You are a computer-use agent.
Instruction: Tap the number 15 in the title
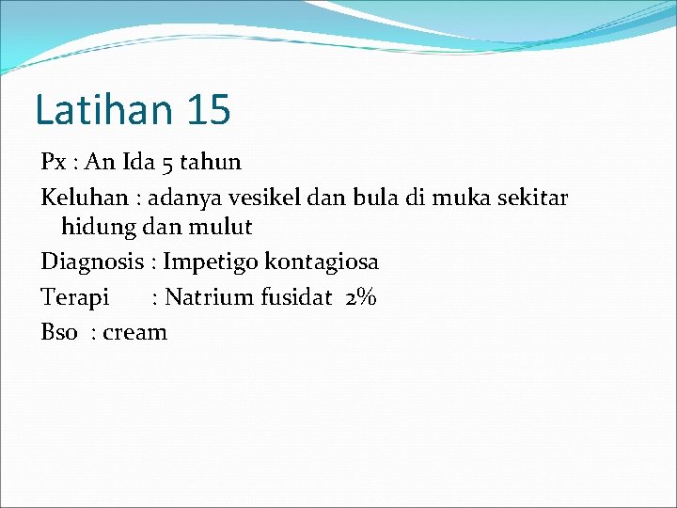click(208, 109)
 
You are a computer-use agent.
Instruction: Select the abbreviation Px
click(53, 162)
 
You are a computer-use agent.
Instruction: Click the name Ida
click(138, 162)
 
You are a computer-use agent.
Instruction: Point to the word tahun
click(211, 162)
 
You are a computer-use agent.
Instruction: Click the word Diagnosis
click(91, 262)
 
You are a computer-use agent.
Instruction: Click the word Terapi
click(74, 298)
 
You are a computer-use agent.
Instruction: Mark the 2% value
click(360, 297)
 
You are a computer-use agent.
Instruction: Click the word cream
click(135, 332)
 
